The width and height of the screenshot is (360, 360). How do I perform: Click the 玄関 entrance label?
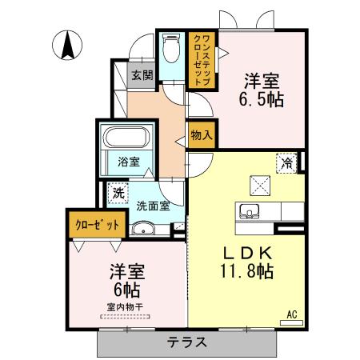142,76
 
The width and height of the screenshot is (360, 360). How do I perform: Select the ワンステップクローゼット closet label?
201,57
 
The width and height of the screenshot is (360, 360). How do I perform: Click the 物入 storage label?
201,135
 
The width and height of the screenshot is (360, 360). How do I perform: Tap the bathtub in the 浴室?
127,138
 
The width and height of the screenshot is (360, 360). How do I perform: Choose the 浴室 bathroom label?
128,162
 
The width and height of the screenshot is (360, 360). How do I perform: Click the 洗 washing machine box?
118,192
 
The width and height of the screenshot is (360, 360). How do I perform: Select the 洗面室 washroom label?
151,205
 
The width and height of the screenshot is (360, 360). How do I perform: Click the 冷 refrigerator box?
287,162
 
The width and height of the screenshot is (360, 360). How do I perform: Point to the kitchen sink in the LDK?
249,212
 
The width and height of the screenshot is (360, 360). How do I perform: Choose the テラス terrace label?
187,342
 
